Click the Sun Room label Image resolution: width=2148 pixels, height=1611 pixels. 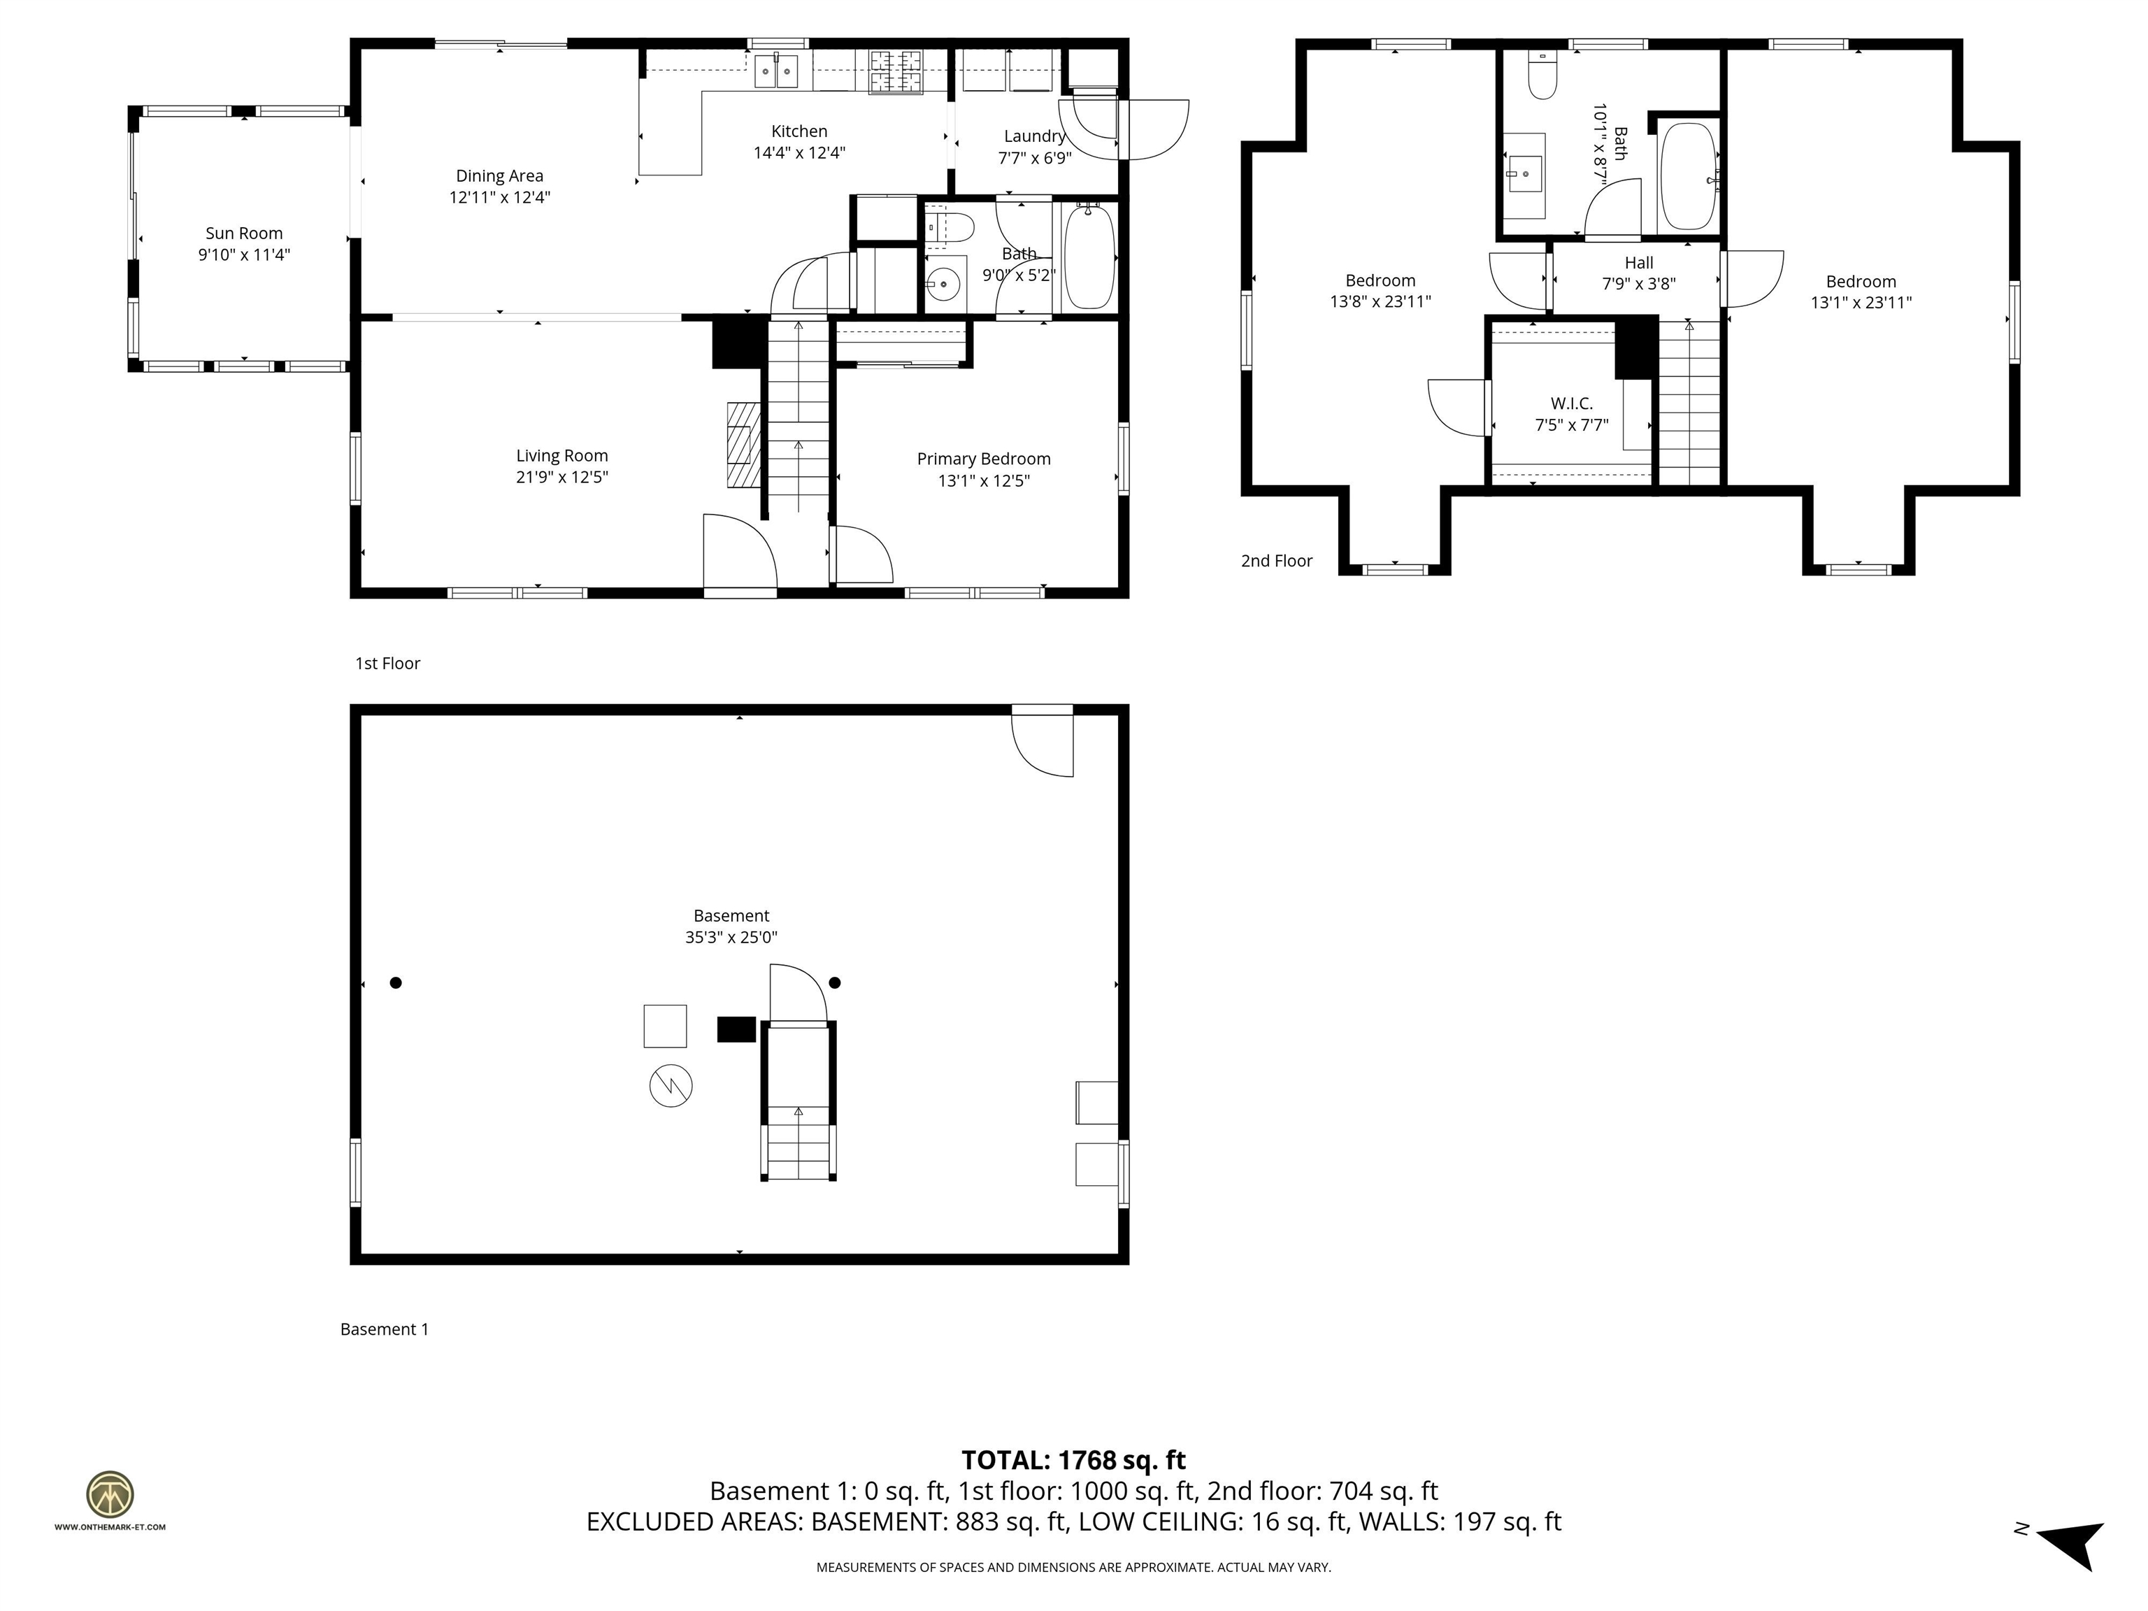pos(244,233)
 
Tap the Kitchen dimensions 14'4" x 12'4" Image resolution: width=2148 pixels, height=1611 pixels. pos(799,152)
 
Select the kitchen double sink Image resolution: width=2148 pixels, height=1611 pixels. pos(776,71)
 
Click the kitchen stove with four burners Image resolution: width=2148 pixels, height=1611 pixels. pos(895,72)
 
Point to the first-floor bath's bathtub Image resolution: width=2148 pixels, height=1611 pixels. pos(1087,257)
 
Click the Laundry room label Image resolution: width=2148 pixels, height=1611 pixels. pos(1034,136)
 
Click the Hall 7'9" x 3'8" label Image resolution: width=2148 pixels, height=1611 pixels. pos(1638,273)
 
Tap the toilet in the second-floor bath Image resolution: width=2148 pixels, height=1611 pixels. pos(1542,76)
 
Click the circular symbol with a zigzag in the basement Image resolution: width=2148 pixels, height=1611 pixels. pos(670,1086)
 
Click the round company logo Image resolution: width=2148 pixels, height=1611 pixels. pos(110,1494)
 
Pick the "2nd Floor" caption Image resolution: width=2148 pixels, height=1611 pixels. pos(1276,560)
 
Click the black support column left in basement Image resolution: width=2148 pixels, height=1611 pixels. pos(395,982)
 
